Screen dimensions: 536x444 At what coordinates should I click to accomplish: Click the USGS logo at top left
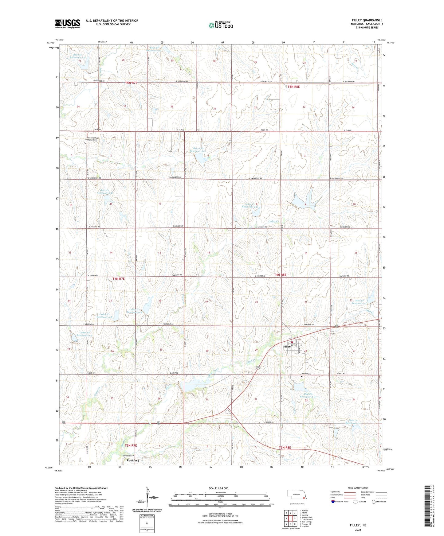(x=68, y=23)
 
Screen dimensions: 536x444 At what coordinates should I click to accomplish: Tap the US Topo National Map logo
(x=221, y=25)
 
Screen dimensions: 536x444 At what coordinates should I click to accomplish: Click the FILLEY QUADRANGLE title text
(x=367, y=20)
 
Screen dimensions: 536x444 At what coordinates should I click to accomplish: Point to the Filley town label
(x=286, y=347)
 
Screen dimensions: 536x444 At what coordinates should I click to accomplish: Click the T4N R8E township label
(x=280, y=275)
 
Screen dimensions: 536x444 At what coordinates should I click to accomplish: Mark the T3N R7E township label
(x=131, y=445)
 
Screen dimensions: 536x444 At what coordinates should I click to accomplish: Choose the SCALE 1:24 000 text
(x=218, y=488)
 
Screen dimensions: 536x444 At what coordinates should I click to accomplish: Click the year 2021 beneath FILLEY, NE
(x=358, y=530)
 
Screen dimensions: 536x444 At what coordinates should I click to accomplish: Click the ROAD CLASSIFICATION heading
(x=358, y=488)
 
